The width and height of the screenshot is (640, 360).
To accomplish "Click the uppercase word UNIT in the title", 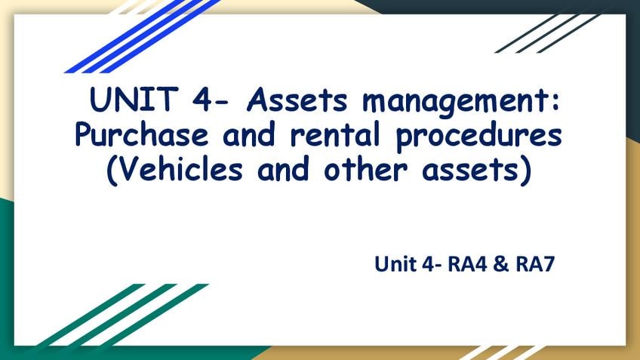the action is coord(134,99).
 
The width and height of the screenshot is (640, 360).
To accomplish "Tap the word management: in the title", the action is coord(461,102).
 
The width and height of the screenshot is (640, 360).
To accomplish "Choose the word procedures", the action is coord(479,136).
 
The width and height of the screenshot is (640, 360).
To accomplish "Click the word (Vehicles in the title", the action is coord(174,169).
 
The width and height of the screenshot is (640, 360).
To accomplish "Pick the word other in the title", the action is coord(366,168).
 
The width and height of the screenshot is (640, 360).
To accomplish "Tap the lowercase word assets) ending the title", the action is coord(477,169).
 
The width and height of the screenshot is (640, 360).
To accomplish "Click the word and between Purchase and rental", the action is coord(249,134).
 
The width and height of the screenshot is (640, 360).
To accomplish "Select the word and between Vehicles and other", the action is coord(283,168).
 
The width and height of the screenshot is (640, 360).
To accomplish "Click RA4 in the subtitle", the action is coord(467,263).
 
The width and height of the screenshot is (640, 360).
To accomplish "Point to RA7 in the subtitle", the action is coord(535,263).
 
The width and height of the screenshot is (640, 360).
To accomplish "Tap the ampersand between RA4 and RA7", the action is coord(501,263).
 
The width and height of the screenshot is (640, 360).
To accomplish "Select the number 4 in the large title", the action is coord(202,100).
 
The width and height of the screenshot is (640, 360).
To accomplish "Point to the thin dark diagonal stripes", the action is coord(547,34).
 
